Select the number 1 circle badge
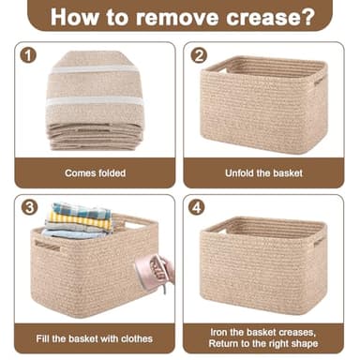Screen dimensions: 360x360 [x=28, y=55]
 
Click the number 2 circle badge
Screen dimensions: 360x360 [x=198, y=55]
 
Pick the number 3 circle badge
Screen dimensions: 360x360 [x=28, y=207]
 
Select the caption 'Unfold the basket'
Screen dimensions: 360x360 [x=263, y=172]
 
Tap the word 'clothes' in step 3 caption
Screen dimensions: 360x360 [x=133, y=337]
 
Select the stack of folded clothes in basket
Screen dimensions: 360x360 [x=81, y=218]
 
